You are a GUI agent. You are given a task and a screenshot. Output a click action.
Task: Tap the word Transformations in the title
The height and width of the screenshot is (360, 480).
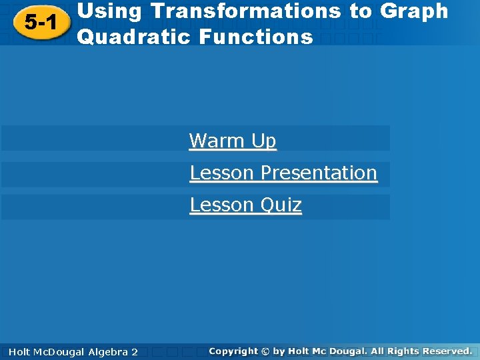(x=254, y=11)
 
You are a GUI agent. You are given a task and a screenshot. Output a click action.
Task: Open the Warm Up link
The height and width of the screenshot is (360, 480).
(x=232, y=141)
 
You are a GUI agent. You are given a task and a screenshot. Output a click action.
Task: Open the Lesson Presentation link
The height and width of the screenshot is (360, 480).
(x=283, y=173)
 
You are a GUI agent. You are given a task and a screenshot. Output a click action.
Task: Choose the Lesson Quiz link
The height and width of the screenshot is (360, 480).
(x=245, y=205)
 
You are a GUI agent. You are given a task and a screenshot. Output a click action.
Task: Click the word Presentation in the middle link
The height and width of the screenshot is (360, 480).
(x=319, y=173)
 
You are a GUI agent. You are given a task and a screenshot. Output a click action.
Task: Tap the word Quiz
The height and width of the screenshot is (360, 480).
(x=281, y=205)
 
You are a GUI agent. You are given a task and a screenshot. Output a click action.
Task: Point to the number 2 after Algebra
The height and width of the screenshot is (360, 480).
(x=135, y=351)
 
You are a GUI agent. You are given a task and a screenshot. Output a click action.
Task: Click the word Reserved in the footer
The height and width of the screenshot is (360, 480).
(x=447, y=351)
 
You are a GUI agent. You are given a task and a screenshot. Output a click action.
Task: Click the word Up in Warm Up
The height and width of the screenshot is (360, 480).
(x=263, y=141)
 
